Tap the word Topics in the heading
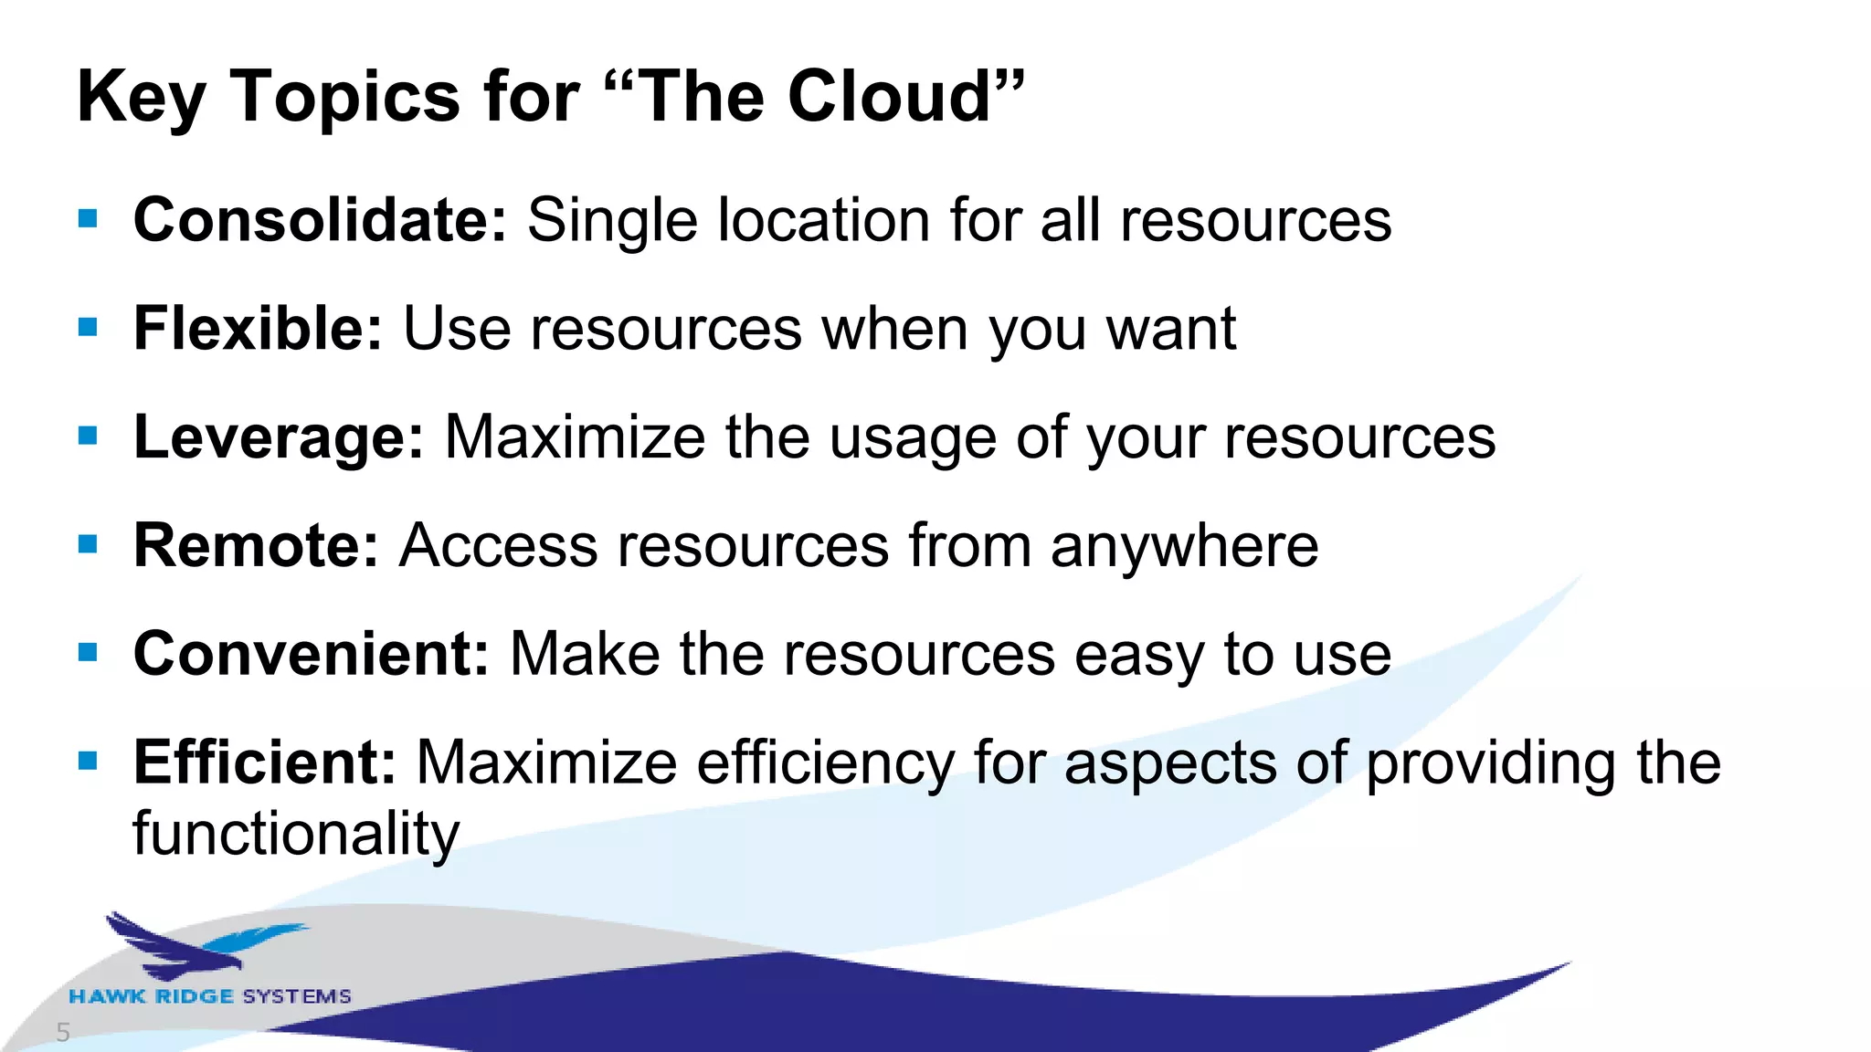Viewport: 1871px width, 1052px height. [x=345, y=98]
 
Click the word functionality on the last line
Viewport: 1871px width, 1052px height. [x=296, y=835]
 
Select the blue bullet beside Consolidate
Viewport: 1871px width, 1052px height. [x=88, y=219]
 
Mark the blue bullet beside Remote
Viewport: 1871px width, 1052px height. [x=88, y=545]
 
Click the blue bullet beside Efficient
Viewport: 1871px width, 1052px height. [x=88, y=761]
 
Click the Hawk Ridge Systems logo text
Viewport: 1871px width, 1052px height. [x=210, y=996]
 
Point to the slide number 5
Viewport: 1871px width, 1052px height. [x=63, y=1033]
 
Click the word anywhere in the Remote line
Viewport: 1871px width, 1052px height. [x=1184, y=546]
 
